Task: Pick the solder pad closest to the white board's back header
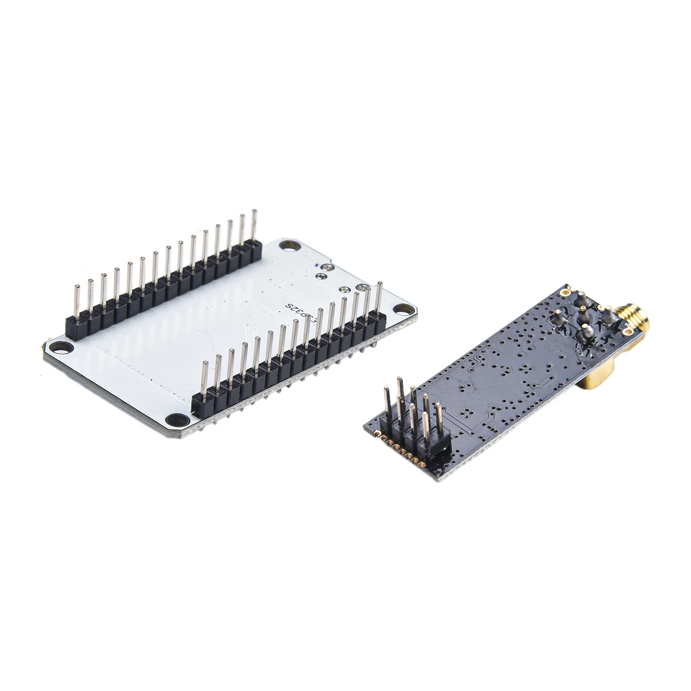[x=321, y=276]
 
